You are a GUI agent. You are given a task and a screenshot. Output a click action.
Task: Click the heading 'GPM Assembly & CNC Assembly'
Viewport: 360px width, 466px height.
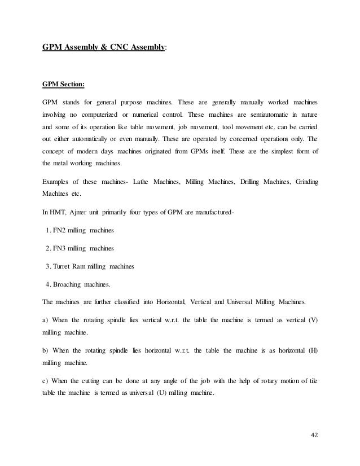pyautogui.click(x=104, y=49)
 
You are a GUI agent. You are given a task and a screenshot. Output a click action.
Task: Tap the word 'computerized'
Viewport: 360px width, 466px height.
pyautogui.click(x=107, y=115)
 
